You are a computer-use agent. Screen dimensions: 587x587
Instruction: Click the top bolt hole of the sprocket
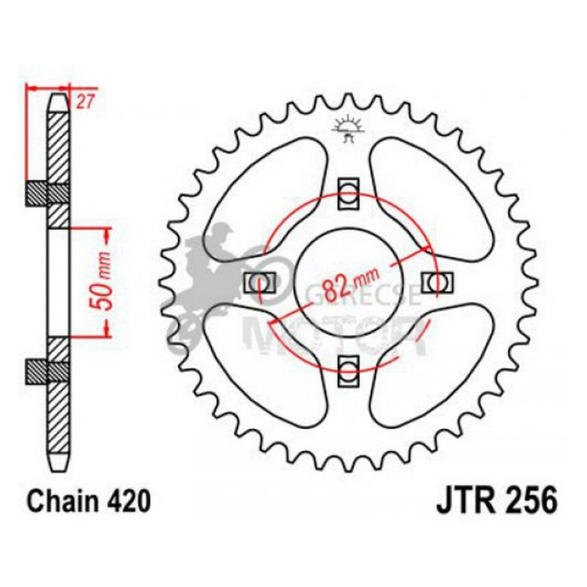[348, 191]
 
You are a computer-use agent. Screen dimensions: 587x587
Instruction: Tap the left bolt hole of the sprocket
[258, 281]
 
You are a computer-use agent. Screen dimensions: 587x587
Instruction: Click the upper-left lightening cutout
[263, 194]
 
